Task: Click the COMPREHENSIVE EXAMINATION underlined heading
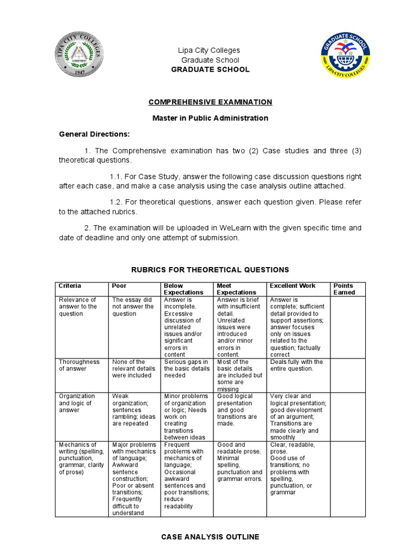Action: (210, 102)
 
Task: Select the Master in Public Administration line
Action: (210, 118)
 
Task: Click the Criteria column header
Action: (70, 286)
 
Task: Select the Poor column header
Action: (119, 286)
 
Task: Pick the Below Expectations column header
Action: (176, 289)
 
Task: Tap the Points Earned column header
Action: (344, 289)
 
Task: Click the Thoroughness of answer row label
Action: (79, 365)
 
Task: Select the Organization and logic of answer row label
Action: (77, 403)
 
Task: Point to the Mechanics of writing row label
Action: (79, 459)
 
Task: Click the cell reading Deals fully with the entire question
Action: (296, 365)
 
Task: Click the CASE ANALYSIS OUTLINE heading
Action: (210, 537)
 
